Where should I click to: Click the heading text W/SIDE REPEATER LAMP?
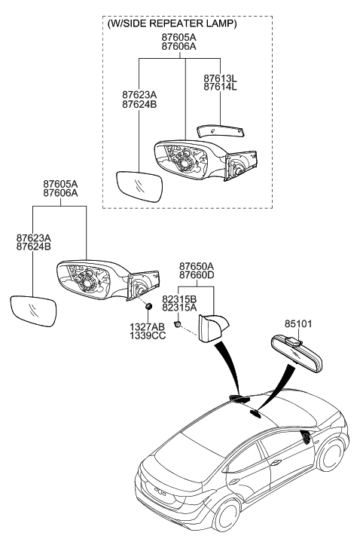coord(172,23)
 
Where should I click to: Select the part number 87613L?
coord(219,77)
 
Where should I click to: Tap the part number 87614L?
coord(219,87)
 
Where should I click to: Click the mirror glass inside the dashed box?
coord(140,185)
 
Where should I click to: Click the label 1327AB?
coord(148,327)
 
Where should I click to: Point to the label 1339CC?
coord(148,337)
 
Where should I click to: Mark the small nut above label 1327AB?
coord(148,306)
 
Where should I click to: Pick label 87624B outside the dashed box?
coord(33,246)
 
